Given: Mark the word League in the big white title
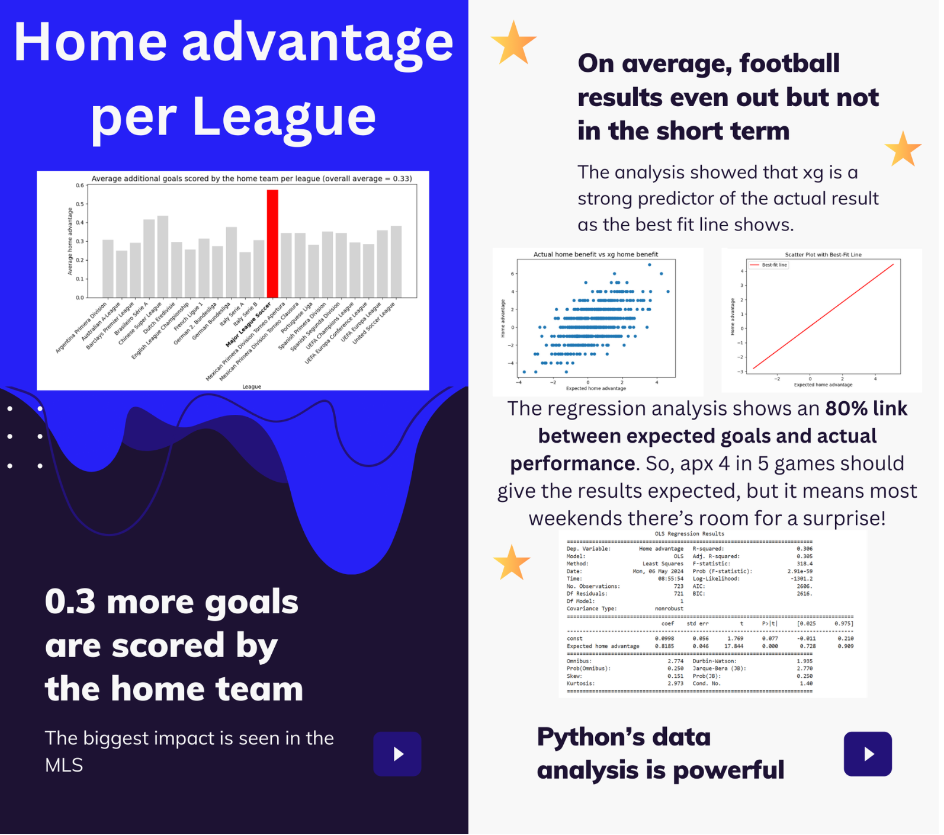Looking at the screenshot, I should pyautogui.click(x=285, y=117).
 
